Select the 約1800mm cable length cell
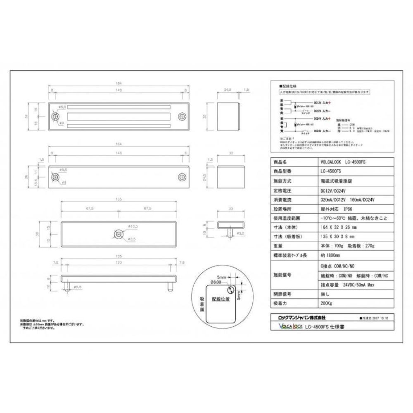[x=329, y=256]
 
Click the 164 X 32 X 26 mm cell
[x=338, y=228]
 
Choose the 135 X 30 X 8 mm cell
[x=337, y=237]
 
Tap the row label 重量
[x=278, y=247]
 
